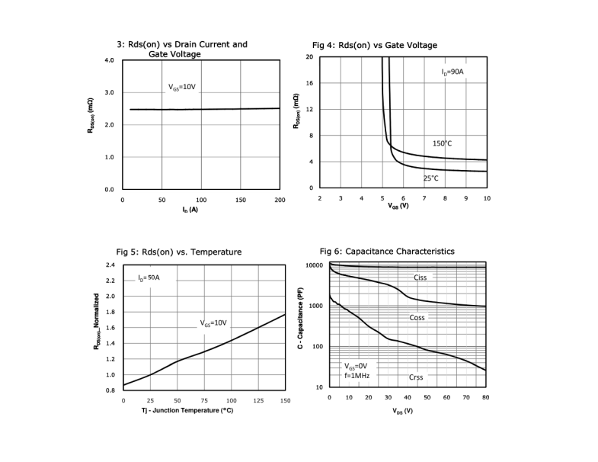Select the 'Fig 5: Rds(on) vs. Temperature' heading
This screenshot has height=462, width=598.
click(178, 252)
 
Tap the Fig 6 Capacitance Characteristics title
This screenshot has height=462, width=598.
click(387, 251)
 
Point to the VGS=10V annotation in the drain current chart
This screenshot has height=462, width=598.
click(182, 88)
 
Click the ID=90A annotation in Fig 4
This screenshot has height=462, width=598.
click(452, 72)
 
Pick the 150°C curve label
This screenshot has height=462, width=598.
click(443, 143)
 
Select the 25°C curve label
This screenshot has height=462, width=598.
click(431, 178)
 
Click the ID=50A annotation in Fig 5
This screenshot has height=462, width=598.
click(149, 278)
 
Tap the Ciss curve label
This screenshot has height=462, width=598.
click(420, 278)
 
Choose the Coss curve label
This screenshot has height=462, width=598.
click(417, 317)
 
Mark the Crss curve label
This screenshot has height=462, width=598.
click(415, 377)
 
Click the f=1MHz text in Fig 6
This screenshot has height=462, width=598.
click(357, 376)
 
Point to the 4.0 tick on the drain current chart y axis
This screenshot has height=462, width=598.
click(109, 59)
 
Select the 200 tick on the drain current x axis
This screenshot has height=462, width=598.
click(280, 200)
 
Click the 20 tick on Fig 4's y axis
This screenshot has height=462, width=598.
click(310, 56)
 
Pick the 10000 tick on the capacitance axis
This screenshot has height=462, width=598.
click(315, 266)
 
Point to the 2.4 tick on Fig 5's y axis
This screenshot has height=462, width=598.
click(110, 265)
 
